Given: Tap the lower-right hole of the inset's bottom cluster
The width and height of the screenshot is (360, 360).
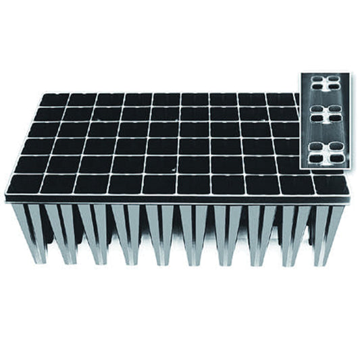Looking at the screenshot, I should [x=334, y=155].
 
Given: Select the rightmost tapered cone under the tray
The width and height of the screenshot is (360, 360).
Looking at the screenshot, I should [x=328, y=233].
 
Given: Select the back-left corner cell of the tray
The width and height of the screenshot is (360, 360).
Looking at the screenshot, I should [x=53, y=100].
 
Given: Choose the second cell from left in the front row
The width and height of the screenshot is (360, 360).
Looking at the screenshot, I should [x=57, y=184].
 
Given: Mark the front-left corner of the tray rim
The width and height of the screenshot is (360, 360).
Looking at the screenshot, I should [x=6, y=197].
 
